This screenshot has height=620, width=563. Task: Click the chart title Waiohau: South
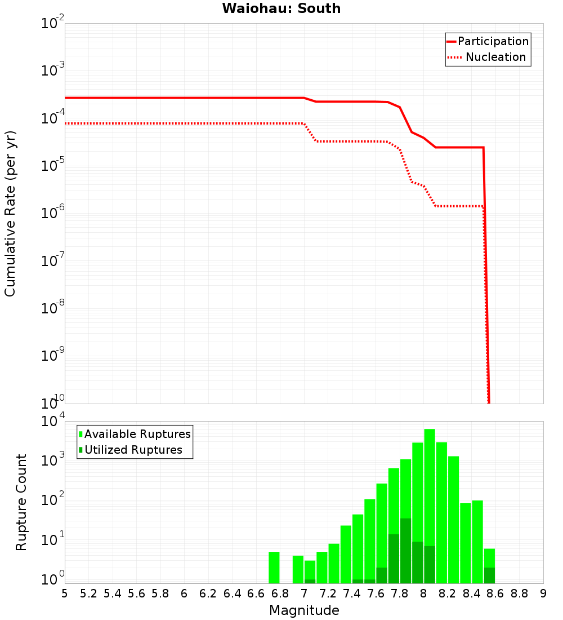pos(281,8)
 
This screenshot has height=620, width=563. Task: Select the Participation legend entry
pos(488,42)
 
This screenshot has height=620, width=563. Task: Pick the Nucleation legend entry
pos(488,57)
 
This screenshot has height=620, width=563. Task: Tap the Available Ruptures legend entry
pos(135,434)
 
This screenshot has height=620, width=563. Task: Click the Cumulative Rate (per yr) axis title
pos(11,214)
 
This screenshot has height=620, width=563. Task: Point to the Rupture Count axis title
pos(21,502)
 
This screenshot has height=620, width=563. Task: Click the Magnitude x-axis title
pos(304,610)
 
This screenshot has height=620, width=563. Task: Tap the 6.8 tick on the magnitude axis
pos(280,594)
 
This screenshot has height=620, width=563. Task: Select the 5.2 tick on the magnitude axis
pos(89,594)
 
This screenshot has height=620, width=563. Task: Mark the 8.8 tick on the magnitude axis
pos(520,594)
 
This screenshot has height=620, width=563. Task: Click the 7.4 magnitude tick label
pos(352,594)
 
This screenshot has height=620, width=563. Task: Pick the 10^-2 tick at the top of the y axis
pos(53,24)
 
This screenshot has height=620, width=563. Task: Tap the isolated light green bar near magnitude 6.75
pos(274,568)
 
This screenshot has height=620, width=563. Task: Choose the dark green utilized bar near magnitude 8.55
pos(489,575)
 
